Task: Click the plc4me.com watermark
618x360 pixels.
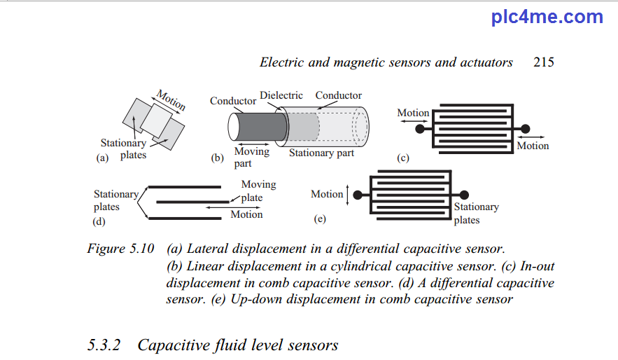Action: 547,17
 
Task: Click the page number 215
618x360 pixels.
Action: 544,62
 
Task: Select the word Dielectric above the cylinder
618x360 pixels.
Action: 281,95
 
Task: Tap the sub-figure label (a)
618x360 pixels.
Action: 102,158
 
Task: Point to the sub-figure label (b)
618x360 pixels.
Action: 217,158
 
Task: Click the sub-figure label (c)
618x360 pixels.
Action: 403,158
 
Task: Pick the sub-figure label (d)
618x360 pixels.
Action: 99,221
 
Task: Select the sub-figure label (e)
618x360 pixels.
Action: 320,219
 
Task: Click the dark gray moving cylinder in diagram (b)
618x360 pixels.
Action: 262,127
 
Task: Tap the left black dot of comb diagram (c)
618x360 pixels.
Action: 420,129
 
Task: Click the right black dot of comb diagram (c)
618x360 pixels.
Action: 526,129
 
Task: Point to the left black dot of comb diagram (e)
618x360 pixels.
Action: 358,195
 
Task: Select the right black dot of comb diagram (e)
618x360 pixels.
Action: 464,195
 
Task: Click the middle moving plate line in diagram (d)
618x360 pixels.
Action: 192,202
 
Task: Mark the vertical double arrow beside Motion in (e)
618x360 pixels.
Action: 347,195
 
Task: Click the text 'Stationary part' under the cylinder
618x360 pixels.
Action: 322,153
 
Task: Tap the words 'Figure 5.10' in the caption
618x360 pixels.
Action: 120,249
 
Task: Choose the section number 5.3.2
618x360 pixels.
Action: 104,345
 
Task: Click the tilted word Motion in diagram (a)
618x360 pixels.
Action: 171,99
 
